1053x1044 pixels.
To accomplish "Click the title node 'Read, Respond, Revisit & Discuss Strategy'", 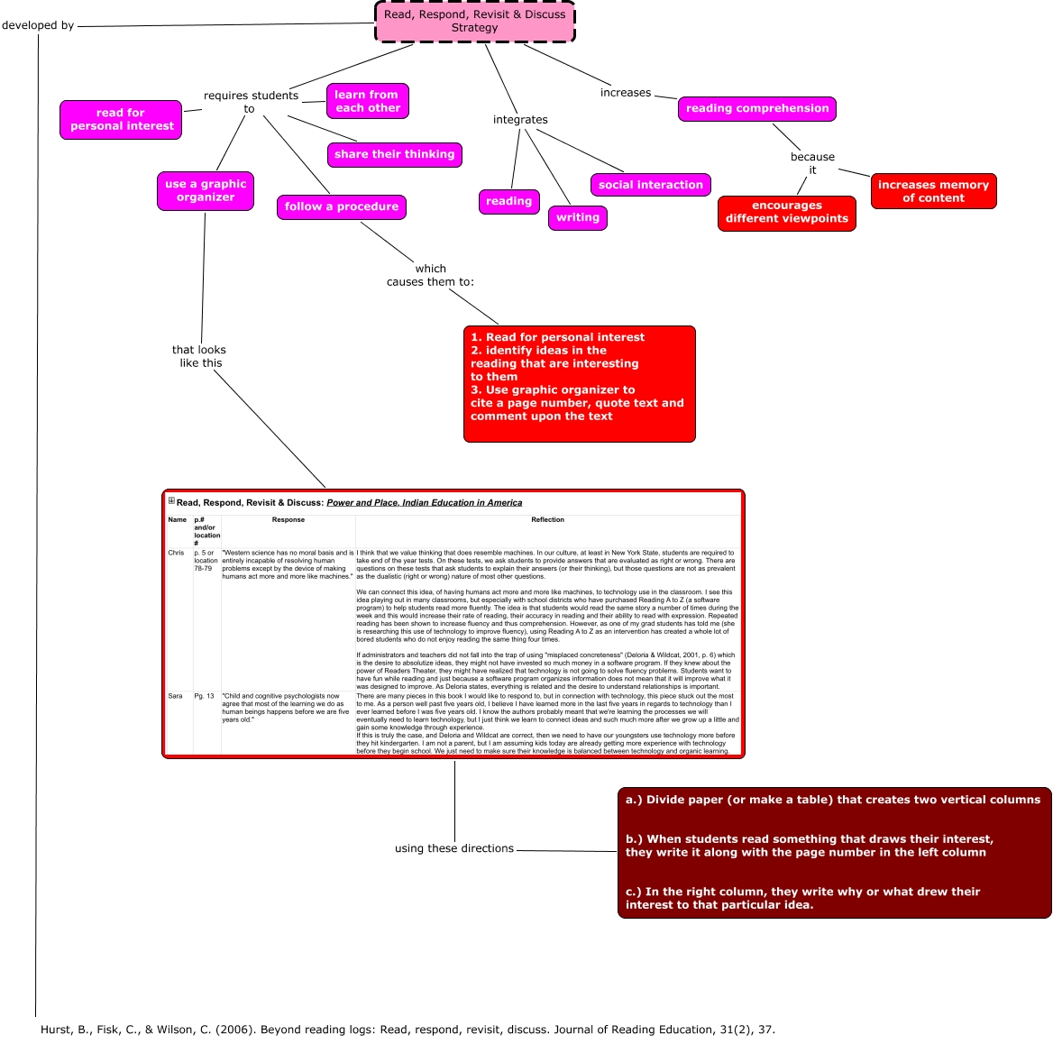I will click(474, 22).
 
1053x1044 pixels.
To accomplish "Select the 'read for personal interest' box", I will click(121, 120).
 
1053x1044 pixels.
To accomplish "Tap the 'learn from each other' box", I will click(367, 101).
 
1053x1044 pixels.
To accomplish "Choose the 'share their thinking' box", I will click(394, 154).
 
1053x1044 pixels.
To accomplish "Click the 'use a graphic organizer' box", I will click(206, 191).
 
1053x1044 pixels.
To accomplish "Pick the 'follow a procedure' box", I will click(341, 206).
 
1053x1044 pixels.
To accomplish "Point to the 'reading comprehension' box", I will click(756, 108).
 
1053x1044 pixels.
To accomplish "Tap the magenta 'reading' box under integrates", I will click(508, 202).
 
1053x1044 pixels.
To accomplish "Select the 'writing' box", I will click(577, 217).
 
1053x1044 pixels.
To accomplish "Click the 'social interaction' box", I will click(650, 185).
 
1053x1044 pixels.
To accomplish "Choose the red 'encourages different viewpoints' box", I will click(786, 213).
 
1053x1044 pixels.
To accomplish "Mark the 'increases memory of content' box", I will click(933, 191).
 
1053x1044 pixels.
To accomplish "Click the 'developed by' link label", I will click(38, 25).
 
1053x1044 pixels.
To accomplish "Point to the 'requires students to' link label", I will click(250, 102).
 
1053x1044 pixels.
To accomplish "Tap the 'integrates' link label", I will click(520, 120).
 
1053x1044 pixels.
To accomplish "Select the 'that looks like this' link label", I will click(199, 356).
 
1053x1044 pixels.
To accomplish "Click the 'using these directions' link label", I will click(454, 848).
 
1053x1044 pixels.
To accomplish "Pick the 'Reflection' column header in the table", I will click(547, 520).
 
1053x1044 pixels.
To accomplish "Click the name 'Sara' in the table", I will click(175, 696).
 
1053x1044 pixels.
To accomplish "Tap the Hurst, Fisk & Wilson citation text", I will click(407, 1030).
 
